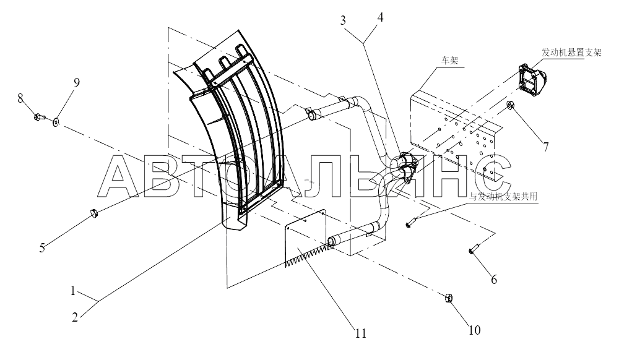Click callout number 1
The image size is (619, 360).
coord(73,290)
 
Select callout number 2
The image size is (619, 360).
coord(75,318)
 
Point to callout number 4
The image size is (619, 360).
coord(380,17)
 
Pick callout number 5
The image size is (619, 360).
coord(42,248)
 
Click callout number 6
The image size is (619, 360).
coord(493,279)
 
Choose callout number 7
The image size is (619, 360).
coord(545,147)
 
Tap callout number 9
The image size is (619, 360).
coord(76,82)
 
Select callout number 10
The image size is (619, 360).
coord(474,330)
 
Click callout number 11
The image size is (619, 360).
coord(360,332)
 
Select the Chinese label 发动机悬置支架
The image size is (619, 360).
coord(571,53)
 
